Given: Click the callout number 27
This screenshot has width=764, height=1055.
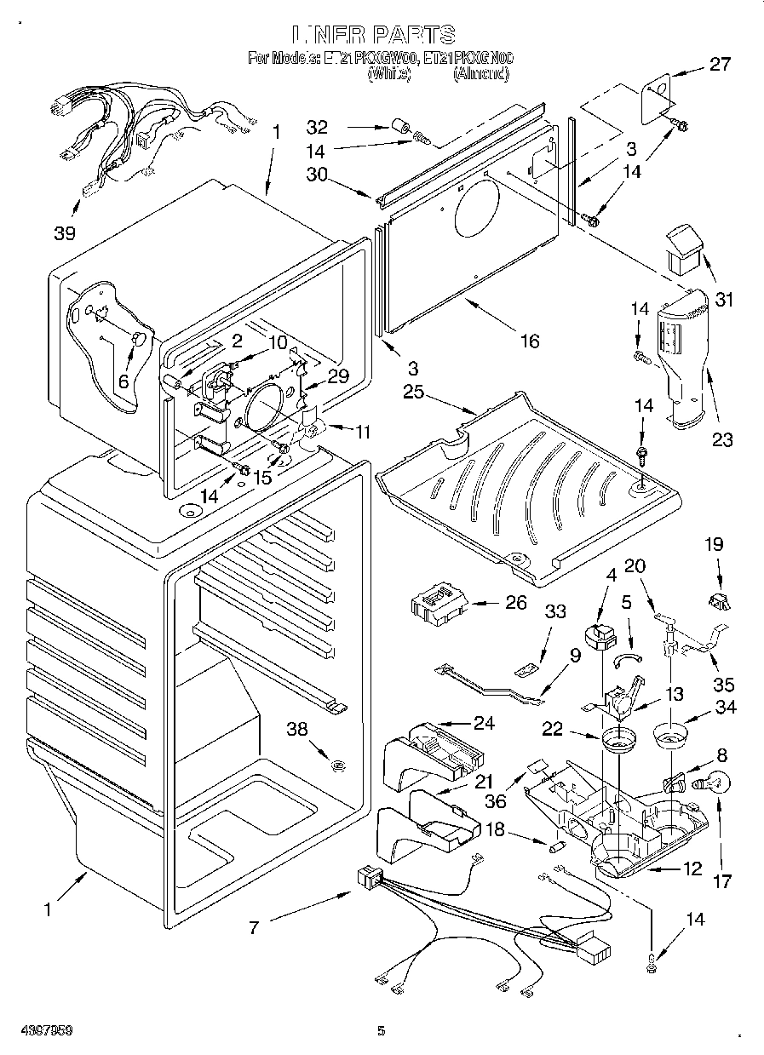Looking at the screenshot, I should pos(720,65).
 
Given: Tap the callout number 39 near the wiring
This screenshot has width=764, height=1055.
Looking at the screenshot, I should pos(65,232).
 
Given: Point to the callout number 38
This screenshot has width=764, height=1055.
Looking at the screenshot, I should pos(296,729).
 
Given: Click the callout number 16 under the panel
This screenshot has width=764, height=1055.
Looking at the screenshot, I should pos(530,341).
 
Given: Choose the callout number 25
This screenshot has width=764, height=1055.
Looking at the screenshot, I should pos(413,393).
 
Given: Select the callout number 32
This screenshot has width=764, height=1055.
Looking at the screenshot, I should pos(317,128).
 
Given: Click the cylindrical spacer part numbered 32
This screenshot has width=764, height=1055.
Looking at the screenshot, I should pos(398,129).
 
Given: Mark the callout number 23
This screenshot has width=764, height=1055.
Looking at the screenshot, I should pos(722,440).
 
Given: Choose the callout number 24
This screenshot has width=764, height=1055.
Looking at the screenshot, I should pos(484,724).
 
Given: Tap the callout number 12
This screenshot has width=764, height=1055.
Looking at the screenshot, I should pos(692,869).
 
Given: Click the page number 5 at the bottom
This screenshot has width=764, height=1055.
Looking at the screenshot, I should pos(382,1031).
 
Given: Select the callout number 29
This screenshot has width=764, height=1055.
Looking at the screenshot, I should pos(338,376).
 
